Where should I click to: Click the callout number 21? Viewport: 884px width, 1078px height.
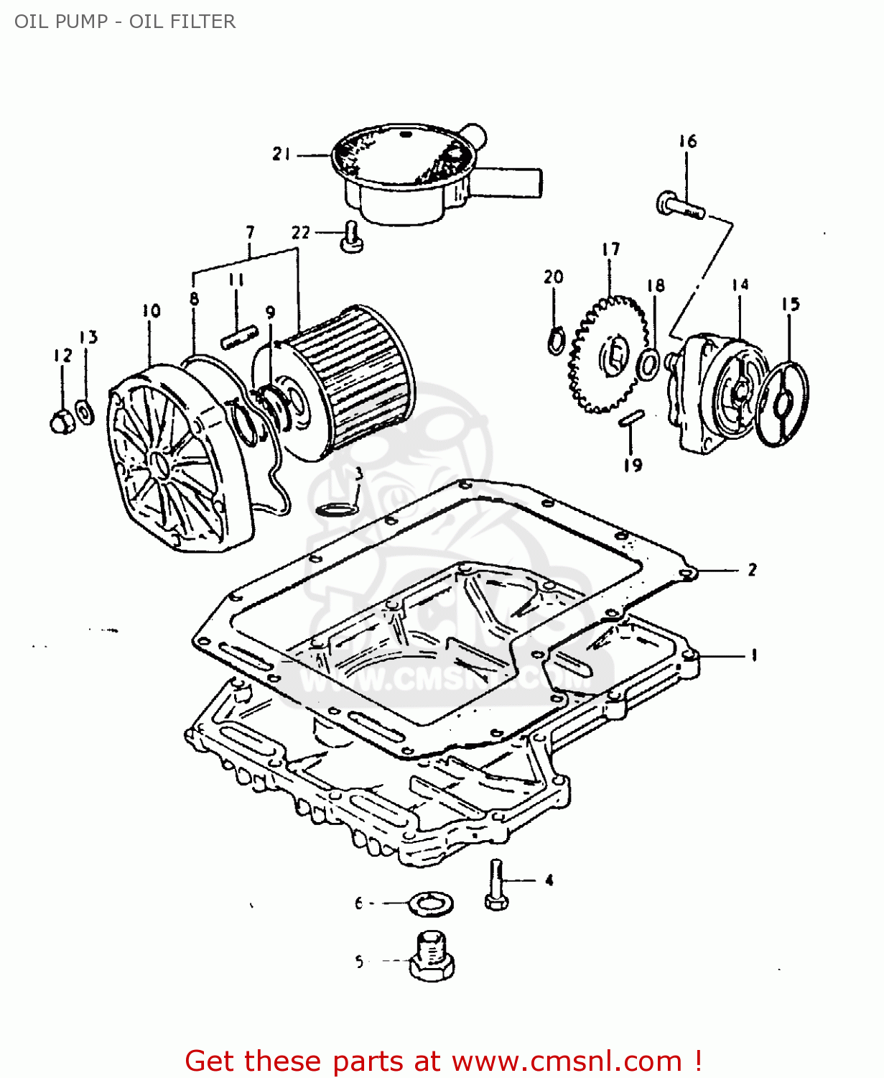[281, 154]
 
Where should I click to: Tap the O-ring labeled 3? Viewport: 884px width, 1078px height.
[336, 510]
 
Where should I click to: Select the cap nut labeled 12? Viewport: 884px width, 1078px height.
[62, 421]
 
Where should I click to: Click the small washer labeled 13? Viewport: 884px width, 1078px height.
[85, 413]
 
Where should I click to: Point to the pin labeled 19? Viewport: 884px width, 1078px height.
[632, 418]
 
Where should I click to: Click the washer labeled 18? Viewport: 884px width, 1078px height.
[648, 364]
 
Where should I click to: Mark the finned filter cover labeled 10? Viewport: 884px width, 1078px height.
[172, 460]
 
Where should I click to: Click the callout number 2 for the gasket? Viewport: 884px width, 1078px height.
[752, 570]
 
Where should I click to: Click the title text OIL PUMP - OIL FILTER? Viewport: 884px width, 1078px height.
[125, 22]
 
